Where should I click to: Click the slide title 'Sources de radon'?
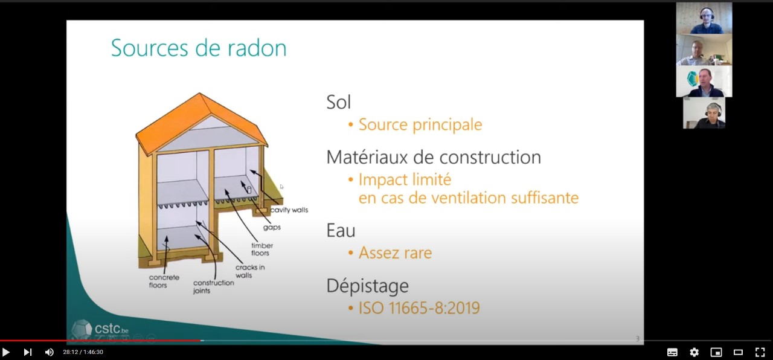point(199,48)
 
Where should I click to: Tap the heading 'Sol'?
point(339,102)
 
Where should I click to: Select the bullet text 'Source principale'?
point(420,124)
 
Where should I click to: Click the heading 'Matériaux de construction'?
point(434,157)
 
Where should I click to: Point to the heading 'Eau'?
point(341,230)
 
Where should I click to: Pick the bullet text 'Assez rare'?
point(395,252)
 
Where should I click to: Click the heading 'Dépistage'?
point(368,286)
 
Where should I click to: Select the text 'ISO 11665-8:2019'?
point(419,308)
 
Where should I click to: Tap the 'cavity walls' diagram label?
point(289,210)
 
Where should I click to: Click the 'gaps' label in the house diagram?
point(272,228)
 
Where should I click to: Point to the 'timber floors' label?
point(261,249)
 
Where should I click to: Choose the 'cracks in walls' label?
point(250,271)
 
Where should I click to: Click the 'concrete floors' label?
point(164,281)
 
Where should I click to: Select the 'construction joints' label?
point(213,286)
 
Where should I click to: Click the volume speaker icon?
point(50,352)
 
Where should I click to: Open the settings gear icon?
point(694,352)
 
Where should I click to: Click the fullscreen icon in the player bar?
point(760,352)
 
